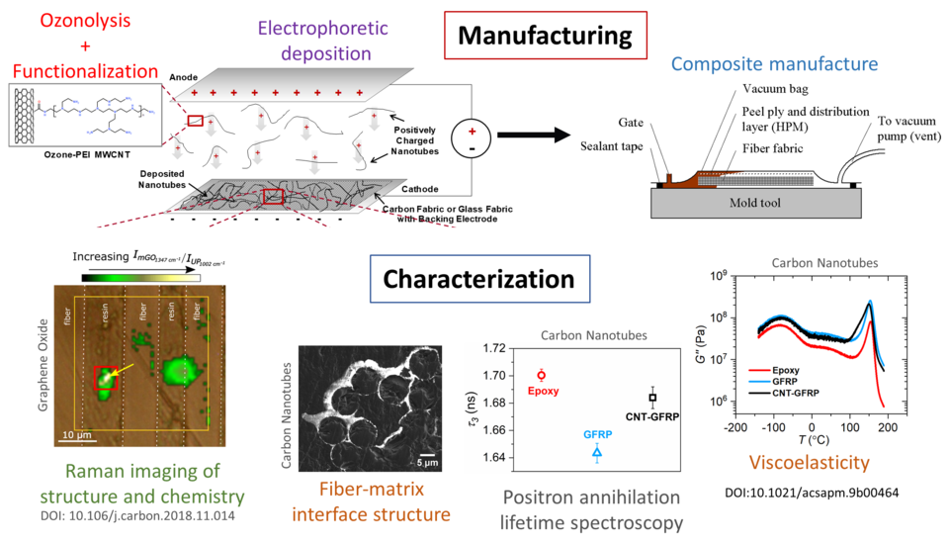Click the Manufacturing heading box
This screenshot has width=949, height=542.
pos(545,38)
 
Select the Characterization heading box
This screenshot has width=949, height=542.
pos(478,280)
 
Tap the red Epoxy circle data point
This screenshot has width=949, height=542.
pos(541,376)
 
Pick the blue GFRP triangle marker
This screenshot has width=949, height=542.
pos(597,452)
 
